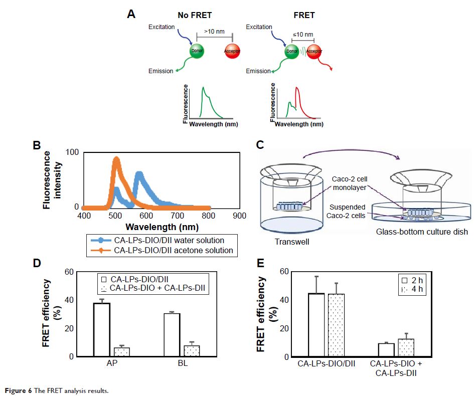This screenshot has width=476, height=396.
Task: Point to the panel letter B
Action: click(x=36, y=145)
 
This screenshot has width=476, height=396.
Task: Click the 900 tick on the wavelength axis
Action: click(x=239, y=216)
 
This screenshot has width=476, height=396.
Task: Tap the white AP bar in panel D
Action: click(x=102, y=330)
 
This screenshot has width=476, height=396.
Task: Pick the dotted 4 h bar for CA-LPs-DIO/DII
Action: click(x=336, y=325)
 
